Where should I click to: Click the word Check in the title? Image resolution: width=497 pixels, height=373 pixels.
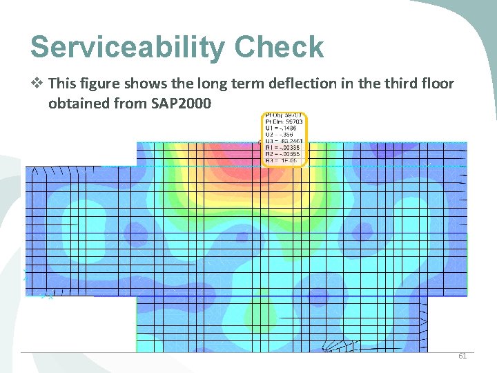point(279,47)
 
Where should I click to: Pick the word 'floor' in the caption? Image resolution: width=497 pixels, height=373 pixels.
point(434,84)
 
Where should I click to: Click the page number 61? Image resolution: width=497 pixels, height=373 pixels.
point(462,356)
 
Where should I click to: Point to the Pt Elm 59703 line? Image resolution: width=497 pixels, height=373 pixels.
point(284,122)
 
